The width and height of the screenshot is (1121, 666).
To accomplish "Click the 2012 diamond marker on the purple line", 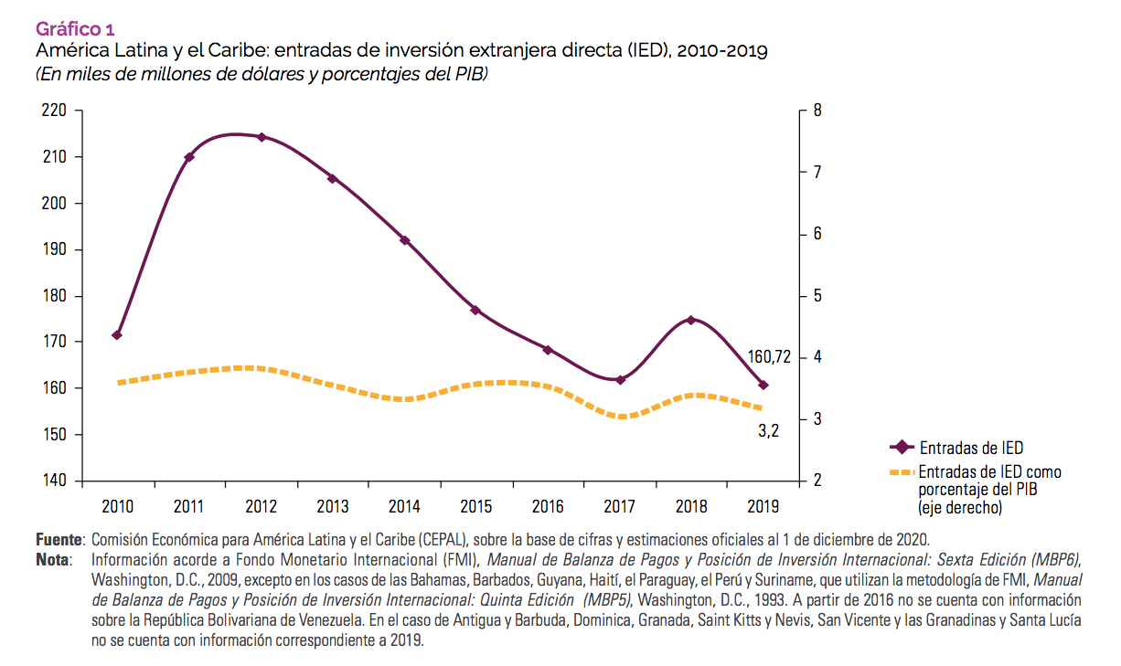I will (262, 137).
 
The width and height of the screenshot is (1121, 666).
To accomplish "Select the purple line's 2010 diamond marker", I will (117, 334).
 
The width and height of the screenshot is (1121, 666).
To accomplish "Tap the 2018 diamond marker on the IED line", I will (691, 320).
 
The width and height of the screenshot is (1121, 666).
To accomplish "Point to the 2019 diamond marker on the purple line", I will (763, 385).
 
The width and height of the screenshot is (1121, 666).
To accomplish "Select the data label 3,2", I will (768, 430).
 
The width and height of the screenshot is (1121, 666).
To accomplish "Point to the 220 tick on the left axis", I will (56, 111).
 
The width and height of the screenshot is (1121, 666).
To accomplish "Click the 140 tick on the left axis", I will (56, 481).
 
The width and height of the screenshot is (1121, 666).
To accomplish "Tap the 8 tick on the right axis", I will (817, 111).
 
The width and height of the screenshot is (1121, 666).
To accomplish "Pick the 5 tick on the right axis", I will (817, 296).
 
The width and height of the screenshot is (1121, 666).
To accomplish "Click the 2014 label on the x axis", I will (405, 505).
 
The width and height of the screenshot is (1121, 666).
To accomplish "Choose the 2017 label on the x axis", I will (620, 505).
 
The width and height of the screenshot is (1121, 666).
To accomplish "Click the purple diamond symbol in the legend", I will (902, 448).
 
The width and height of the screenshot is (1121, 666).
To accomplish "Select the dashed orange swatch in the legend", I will (902, 472).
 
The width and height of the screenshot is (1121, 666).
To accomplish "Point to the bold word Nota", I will (52, 557).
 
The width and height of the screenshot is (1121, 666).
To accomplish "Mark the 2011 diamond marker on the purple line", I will (189, 157).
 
